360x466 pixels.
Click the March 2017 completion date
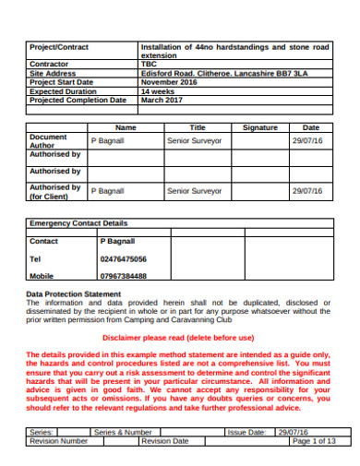[162, 101]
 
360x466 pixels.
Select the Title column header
[198, 127]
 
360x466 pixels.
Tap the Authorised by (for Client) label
[54, 191]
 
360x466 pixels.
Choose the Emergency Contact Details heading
[78, 223]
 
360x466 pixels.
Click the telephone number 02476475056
[123, 259]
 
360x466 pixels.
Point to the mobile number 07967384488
[123, 276]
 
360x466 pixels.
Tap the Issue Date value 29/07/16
[294, 431]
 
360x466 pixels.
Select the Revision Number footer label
[59, 440]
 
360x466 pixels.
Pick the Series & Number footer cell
[123, 431]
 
